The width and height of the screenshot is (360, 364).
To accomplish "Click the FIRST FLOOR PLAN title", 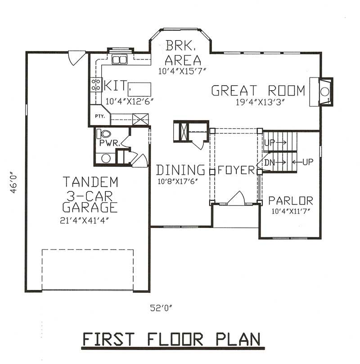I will click(171, 340).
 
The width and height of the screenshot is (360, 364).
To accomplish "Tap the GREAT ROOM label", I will click(258, 91).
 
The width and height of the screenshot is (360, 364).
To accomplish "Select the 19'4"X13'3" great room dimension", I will click(260, 102).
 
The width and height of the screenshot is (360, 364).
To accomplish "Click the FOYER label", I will click(236, 171).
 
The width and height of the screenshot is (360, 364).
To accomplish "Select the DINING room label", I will click(180, 170).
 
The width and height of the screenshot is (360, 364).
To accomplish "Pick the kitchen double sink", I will click(120, 59).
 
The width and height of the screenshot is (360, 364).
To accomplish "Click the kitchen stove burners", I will click(96, 84).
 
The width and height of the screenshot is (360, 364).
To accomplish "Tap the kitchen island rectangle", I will click(139, 87).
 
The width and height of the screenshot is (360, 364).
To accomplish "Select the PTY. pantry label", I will click(99, 116).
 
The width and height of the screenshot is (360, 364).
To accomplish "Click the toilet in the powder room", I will click(105, 134).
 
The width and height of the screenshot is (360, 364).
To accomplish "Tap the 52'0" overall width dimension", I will click(161, 309).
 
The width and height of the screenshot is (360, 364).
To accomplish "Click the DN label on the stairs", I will click(269, 161).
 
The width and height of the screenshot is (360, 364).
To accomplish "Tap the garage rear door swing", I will click(76, 57).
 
